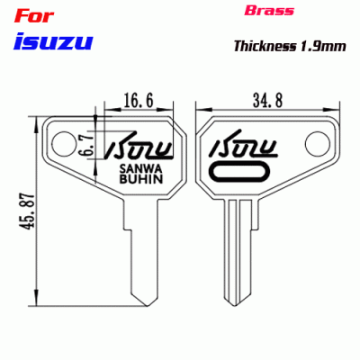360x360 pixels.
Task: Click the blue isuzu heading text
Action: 53,40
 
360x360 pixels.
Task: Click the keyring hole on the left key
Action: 63,140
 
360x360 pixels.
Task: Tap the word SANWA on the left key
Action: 139,167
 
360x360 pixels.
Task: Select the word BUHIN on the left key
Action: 139,179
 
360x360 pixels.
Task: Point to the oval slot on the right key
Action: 239,171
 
